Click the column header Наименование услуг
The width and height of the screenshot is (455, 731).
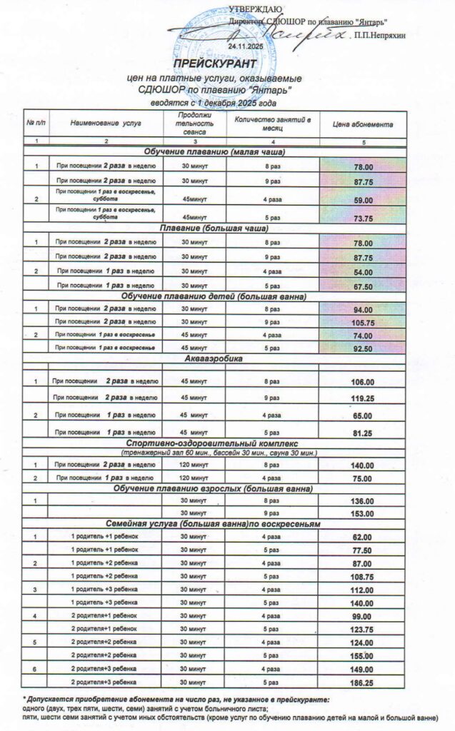coord(106,123)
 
